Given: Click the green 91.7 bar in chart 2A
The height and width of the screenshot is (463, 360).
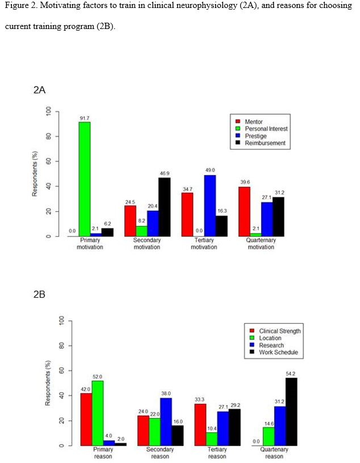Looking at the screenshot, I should (85, 179).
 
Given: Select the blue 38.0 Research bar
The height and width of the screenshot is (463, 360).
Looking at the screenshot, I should (165, 422).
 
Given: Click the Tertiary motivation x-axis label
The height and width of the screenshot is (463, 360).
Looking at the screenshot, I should (204, 244).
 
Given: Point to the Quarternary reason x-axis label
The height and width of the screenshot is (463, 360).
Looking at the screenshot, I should (274, 453).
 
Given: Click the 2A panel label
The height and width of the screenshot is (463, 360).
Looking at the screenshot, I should (39, 90).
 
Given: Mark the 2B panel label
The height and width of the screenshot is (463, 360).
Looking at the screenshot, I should (39, 294).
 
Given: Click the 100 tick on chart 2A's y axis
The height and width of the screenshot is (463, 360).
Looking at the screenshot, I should (49, 111).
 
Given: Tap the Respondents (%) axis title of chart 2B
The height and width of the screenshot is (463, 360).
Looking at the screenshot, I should (49, 383).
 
